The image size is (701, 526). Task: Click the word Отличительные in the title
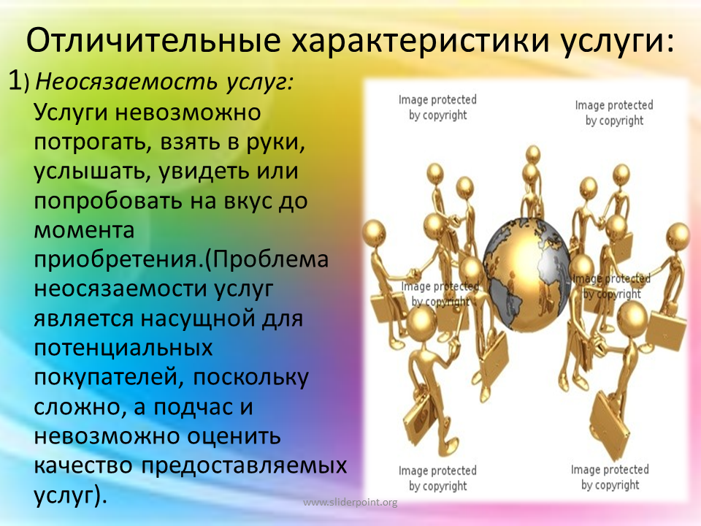point(153,40)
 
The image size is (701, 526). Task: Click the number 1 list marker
point(15,81)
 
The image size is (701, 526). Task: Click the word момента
point(84,231)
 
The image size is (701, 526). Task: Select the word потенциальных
point(123,348)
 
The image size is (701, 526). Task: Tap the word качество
point(83,465)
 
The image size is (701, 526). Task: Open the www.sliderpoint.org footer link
point(350,503)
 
